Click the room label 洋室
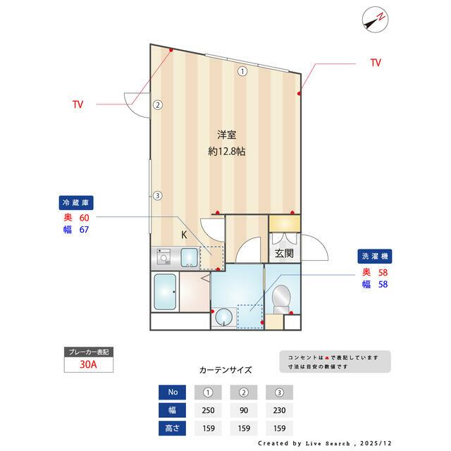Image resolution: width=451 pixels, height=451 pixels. tap(226, 135)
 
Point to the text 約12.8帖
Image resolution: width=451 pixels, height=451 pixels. tap(226, 151)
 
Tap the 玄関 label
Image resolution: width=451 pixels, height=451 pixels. tap(284, 254)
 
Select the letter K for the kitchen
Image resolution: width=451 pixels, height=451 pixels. tap(184, 235)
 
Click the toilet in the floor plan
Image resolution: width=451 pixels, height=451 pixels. tap(281, 297)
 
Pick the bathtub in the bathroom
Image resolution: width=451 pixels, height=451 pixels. tap(165, 292)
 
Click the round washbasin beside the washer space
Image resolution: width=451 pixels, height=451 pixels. tap(223, 317)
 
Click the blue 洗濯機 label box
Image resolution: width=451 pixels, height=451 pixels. tap(375, 258)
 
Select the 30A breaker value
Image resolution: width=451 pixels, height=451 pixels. tap(88, 365)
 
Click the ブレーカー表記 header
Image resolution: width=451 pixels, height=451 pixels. tap(88, 352)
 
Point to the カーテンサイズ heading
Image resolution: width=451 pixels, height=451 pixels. tap(225, 369)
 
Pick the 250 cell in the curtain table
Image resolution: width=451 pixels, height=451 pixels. tap(209, 410)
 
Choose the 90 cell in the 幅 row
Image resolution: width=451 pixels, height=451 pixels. tap(244, 410)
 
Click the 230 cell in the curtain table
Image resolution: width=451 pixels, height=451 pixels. tap(278, 410)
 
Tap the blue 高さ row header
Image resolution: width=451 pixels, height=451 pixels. tap(173, 428)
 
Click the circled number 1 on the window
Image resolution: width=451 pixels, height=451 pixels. tap(242, 70)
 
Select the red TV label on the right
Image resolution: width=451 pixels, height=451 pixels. tap(376, 63)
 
